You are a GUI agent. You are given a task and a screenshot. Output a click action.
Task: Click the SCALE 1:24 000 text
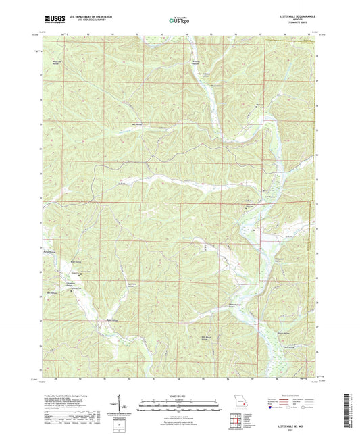pos(180,395)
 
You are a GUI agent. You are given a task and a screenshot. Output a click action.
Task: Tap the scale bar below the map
pos(180,402)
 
